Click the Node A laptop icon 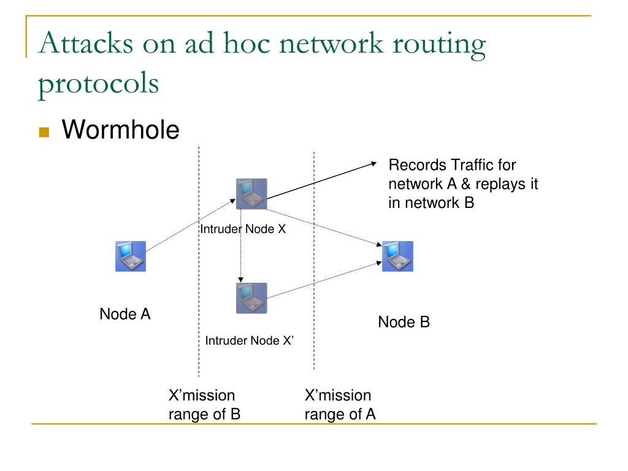pyautogui.click(x=131, y=256)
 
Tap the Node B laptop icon pyautogui.click(x=397, y=256)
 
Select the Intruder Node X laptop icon pyautogui.click(x=251, y=194)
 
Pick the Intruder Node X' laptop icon pyautogui.click(x=251, y=298)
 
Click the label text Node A pyautogui.click(x=125, y=314)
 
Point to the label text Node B pyautogui.click(x=404, y=322)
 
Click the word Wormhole pyautogui.click(x=121, y=129)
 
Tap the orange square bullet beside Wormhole pyautogui.click(x=44, y=132)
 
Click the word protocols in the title pyautogui.click(x=99, y=83)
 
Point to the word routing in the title pyautogui.click(x=439, y=44)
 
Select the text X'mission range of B pyautogui.click(x=204, y=405)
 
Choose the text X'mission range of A pyautogui.click(x=340, y=405)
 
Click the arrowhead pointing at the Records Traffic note pyautogui.click(x=374, y=163)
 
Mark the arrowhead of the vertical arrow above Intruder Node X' pyautogui.click(x=240, y=280)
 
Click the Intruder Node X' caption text pyautogui.click(x=249, y=340)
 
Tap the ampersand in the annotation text pyautogui.click(x=466, y=184)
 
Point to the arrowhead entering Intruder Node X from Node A pyautogui.click(x=232, y=201)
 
